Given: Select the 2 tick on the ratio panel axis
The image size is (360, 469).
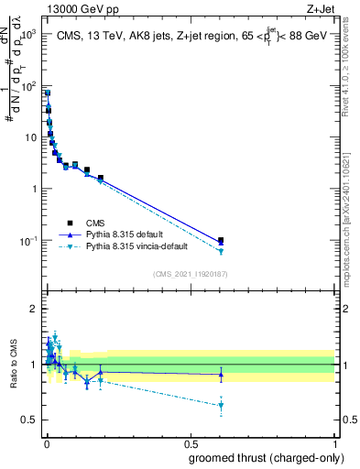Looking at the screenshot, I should [37, 309].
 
